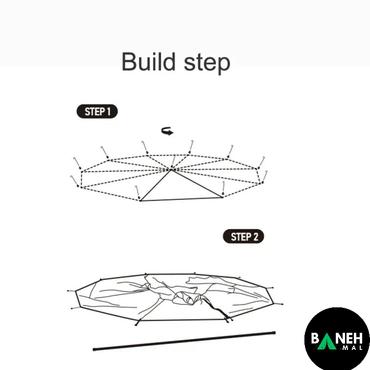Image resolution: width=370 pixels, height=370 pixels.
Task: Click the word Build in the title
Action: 149,62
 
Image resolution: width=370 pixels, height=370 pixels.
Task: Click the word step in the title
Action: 207,63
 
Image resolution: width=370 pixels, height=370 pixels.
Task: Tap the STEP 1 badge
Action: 97,112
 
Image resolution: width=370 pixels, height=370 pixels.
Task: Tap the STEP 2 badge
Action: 243,236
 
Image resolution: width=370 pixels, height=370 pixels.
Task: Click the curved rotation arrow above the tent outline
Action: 167,131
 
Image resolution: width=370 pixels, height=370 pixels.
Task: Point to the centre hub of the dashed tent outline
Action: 172,169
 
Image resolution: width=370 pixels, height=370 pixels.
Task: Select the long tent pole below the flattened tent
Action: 184,341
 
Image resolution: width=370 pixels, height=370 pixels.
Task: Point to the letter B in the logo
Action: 315,338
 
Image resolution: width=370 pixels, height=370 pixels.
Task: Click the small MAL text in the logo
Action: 352,348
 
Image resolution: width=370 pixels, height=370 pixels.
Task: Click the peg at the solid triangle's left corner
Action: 138,192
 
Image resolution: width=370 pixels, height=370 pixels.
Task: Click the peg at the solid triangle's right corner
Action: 223,188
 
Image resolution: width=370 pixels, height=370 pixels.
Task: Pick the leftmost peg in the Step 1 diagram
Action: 74,181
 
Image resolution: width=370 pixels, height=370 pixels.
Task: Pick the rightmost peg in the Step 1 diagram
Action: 265,177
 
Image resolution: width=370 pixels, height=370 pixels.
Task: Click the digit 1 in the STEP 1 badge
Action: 109,112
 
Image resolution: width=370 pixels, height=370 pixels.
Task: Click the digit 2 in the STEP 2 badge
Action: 256,237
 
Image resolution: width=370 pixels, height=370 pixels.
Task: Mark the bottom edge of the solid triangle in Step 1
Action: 182,199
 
